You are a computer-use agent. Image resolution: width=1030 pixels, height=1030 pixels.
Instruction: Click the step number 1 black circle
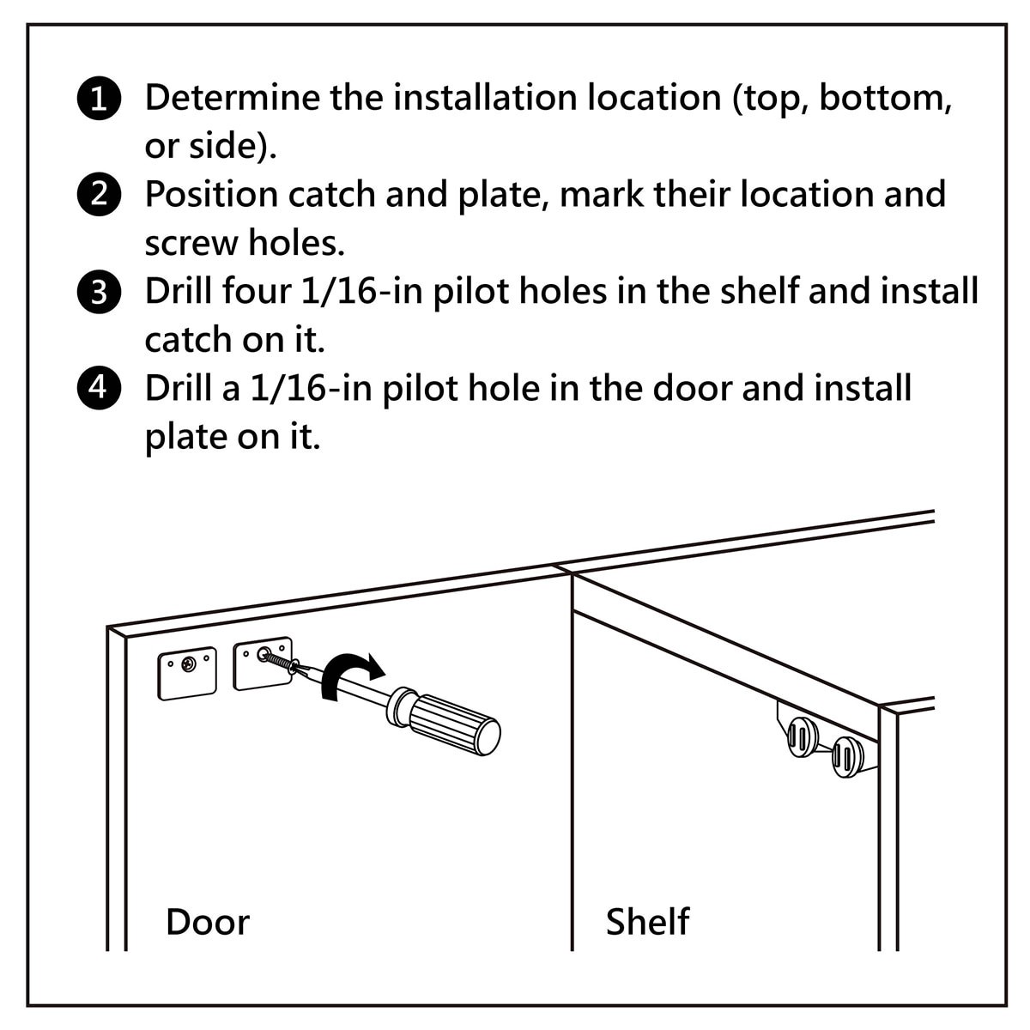click(100, 99)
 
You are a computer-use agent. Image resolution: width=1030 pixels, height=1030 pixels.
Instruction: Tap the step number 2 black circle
click(100, 195)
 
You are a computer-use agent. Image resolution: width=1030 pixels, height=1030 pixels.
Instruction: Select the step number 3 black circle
click(100, 292)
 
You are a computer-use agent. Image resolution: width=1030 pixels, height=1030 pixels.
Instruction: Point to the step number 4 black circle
click(100, 388)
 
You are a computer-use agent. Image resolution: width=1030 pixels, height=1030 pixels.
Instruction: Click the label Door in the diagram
click(207, 922)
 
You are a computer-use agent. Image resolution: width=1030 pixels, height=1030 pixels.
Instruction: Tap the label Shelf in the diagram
click(647, 922)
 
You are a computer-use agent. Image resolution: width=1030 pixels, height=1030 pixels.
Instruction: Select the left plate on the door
click(187, 673)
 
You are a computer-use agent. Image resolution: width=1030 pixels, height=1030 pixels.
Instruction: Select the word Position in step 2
click(211, 195)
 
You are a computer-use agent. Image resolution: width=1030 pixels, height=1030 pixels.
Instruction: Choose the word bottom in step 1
click(884, 99)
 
